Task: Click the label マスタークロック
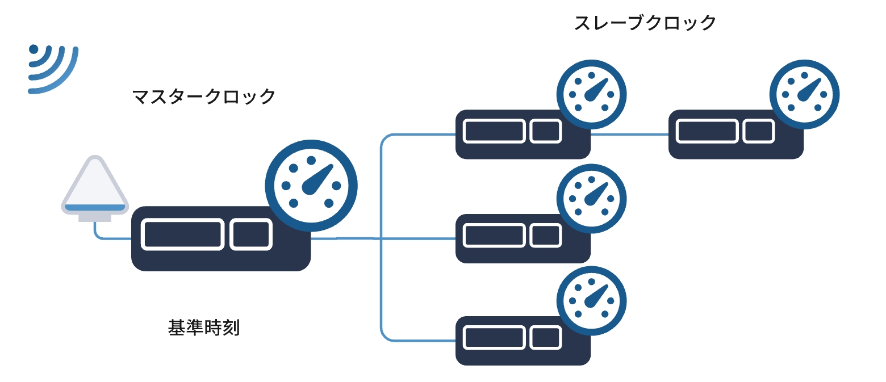203,96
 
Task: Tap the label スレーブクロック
645,24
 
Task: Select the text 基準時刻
204,328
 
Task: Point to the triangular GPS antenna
94,187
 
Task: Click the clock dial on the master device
311,185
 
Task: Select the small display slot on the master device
251,234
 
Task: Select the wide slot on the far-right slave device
707,132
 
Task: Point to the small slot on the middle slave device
546,235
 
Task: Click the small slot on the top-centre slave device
546,132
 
